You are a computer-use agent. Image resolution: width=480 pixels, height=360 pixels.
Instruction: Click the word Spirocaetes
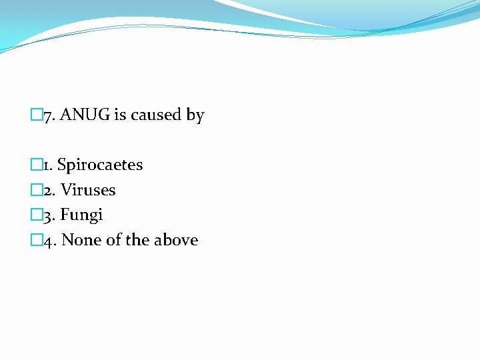coord(100,165)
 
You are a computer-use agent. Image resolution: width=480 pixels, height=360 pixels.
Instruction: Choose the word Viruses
coord(89,190)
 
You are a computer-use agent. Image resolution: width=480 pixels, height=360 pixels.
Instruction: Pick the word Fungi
coord(82,215)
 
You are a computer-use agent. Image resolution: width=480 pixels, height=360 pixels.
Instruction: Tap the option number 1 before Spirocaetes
coord(47,165)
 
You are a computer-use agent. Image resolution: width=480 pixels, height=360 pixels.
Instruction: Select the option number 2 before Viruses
coord(49,190)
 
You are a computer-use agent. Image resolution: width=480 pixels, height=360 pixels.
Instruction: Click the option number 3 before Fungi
coord(49,215)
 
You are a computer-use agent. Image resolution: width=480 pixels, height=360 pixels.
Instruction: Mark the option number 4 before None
coord(49,240)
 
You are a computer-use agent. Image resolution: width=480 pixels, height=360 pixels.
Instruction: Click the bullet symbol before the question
coord(37,115)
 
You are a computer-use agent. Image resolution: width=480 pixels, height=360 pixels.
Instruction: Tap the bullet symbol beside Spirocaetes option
coord(37,165)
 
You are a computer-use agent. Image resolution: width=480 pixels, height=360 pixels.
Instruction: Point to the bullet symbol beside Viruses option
coord(37,190)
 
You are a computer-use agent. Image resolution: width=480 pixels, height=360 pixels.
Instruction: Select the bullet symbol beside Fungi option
coord(37,215)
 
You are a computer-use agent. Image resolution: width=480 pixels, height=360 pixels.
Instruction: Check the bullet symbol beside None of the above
coord(37,240)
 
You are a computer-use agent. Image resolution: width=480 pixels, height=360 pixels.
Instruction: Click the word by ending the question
coord(195,115)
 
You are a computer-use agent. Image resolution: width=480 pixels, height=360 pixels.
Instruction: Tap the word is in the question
coord(120,115)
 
